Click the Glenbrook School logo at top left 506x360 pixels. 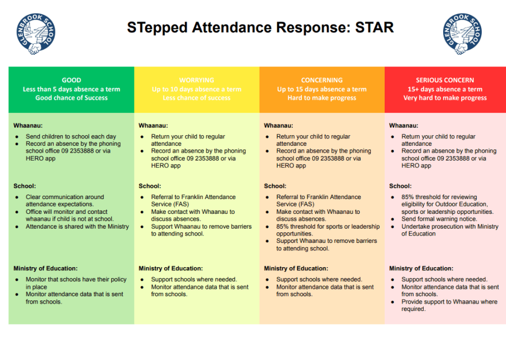point(35,34)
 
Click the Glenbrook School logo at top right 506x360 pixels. point(462,34)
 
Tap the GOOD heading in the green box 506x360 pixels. point(71,80)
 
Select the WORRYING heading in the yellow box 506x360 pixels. point(196,80)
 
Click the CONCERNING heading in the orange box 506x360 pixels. point(322,80)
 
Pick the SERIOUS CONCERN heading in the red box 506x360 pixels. point(445,80)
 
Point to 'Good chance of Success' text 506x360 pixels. point(71,98)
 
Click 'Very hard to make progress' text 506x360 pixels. point(445,98)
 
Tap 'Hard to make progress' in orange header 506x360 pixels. point(322,98)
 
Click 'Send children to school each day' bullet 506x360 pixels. point(71,136)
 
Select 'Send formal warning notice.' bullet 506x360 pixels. point(439,219)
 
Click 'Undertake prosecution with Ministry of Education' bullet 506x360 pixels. point(449,230)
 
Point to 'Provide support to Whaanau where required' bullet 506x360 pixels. point(449,305)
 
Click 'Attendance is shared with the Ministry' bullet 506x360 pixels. point(77,226)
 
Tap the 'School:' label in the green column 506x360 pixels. point(24,186)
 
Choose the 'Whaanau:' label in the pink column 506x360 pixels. point(404,126)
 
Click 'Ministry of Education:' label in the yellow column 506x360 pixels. point(170,268)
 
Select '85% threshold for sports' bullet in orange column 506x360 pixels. point(328,230)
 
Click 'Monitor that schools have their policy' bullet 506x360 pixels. point(76,283)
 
